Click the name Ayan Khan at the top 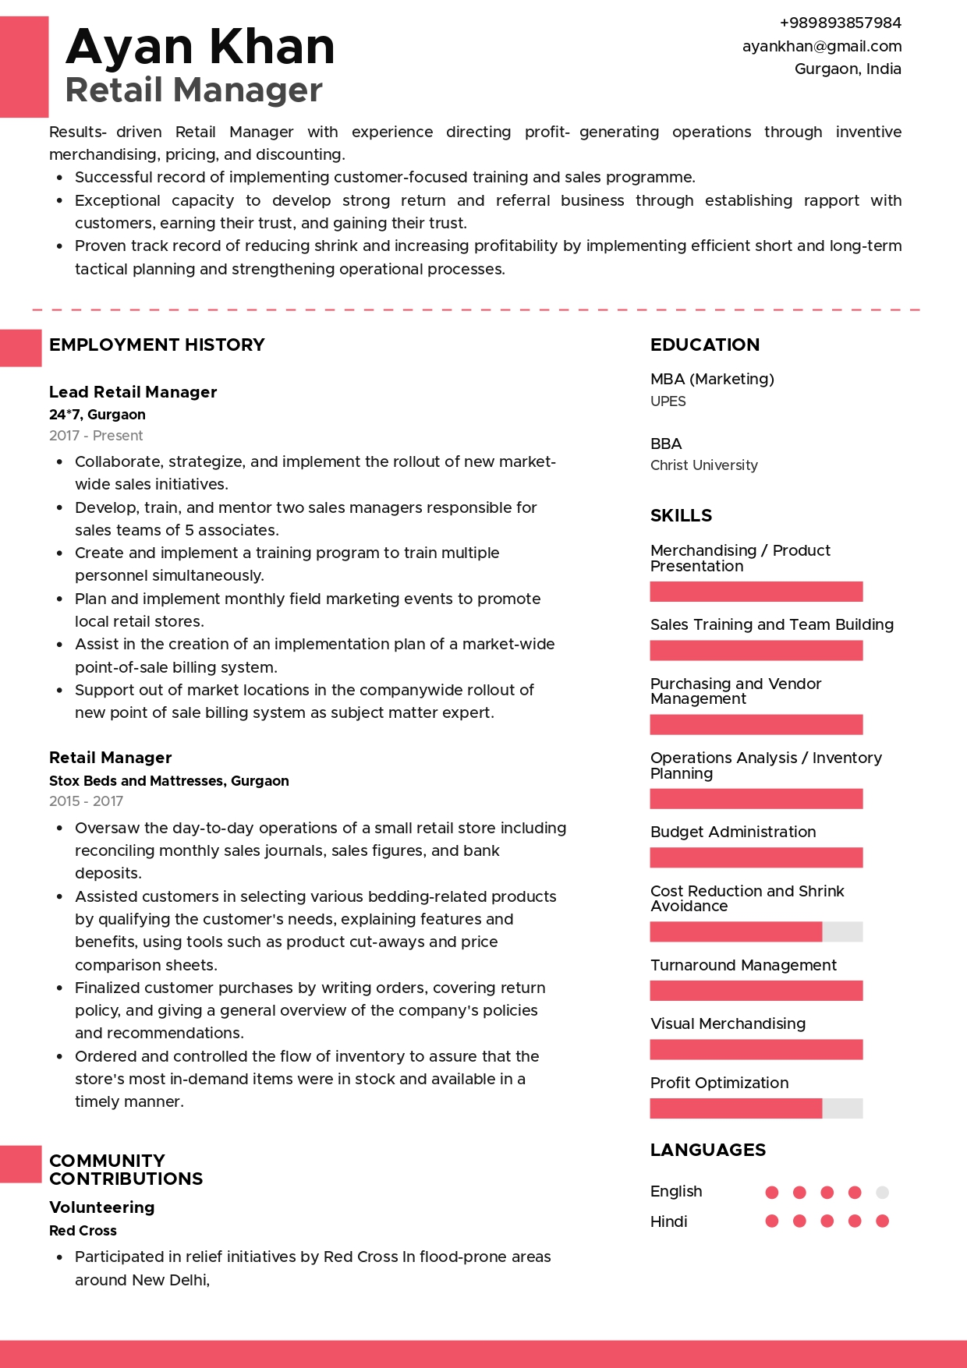(200, 47)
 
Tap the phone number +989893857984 (840, 23)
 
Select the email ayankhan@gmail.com (821, 46)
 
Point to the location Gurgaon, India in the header (847, 69)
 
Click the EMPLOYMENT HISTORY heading (157, 345)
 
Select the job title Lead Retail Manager (133, 392)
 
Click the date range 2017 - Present (96, 436)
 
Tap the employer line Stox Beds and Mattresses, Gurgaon (168, 781)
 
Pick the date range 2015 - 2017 (86, 801)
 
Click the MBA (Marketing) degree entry (712, 379)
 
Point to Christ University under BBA (703, 465)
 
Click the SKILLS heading (681, 515)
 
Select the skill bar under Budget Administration (756, 857)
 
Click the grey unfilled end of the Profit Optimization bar (842, 1108)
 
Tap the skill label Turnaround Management (742, 965)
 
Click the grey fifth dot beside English (882, 1193)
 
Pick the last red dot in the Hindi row (882, 1221)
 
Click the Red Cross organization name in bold (83, 1231)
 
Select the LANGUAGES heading (707, 1150)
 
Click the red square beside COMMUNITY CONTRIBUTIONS (20, 1164)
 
